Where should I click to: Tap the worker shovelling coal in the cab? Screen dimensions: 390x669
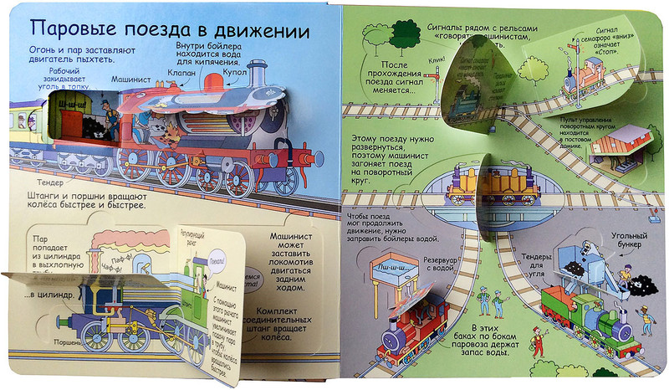pyautogui.click(x=109, y=113)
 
